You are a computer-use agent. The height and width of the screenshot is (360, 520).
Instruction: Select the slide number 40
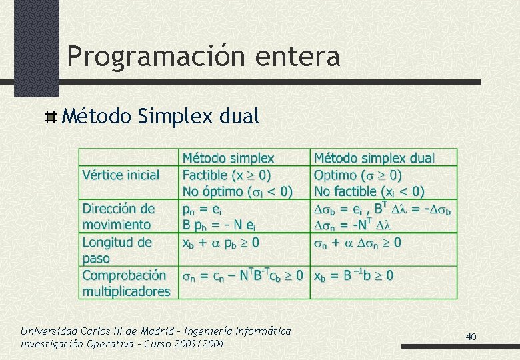[x=471, y=337]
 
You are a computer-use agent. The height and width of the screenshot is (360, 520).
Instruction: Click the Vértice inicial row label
[x=121, y=175]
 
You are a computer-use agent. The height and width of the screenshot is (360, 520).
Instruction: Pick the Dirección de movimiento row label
[x=118, y=217]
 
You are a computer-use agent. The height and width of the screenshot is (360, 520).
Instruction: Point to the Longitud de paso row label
[x=117, y=250]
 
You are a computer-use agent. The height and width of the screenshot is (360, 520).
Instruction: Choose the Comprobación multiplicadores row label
[x=125, y=283]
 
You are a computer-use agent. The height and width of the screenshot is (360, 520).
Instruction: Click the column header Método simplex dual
[x=374, y=159]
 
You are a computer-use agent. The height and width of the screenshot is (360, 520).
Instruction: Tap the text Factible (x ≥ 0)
[x=227, y=175]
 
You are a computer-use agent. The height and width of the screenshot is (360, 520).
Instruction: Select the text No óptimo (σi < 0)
[x=237, y=192]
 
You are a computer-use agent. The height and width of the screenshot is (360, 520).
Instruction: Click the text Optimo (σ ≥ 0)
[x=357, y=175]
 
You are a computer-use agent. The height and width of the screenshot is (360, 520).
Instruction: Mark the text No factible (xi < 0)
[x=369, y=192]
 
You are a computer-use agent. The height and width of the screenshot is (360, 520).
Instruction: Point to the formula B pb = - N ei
[x=220, y=225]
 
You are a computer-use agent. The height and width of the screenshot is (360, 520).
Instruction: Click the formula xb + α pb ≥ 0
[x=221, y=242]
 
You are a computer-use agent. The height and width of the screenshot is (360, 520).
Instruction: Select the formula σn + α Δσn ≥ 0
[x=357, y=242]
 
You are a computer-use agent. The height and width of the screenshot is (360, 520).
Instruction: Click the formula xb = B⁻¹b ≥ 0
[x=353, y=275]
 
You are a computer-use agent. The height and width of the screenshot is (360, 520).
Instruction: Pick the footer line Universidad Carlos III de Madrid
[x=155, y=331]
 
